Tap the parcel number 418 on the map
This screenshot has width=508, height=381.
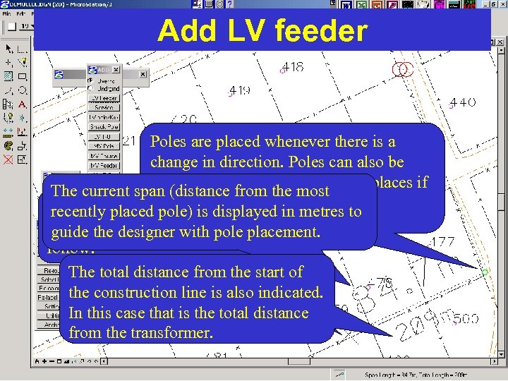point(293,68)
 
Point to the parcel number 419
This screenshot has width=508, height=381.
point(240,90)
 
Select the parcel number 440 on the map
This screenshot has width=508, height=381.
point(463,102)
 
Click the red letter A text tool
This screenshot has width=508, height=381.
point(23,104)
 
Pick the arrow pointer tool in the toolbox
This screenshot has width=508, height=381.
point(9,49)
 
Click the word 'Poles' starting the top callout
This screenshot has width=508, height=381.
point(168,142)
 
